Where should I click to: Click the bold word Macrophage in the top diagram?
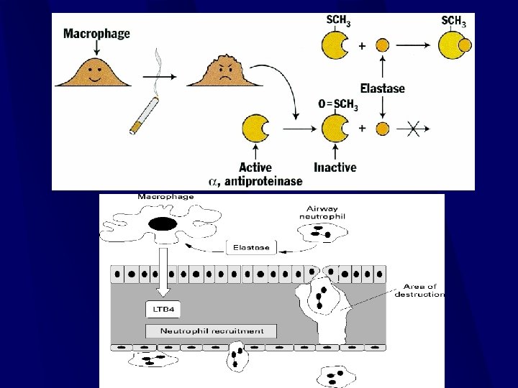97,33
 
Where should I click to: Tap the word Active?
257,168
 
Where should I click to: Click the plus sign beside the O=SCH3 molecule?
361,129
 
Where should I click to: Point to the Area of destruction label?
419,291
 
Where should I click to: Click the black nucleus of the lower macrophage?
163,224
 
